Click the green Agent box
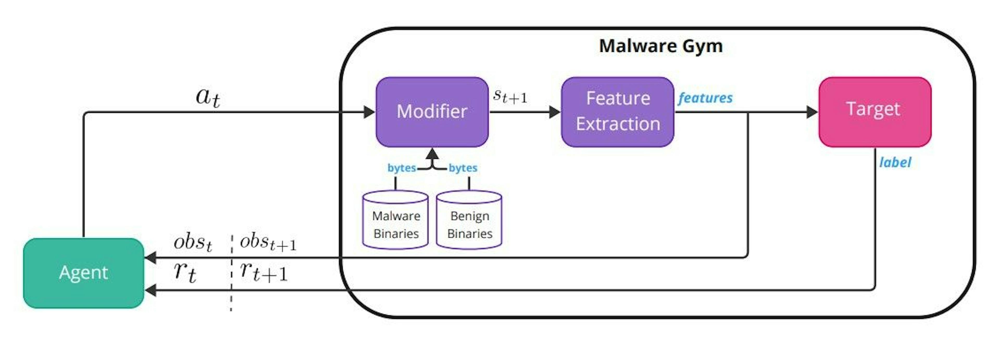(83, 273)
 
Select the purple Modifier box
(432, 112)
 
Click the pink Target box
(875, 112)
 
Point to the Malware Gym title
(660, 46)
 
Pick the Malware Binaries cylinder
(396, 220)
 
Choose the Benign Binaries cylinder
(469, 220)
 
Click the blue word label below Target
(895, 162)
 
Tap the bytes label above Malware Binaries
(401, 168)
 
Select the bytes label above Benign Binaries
(463, 168)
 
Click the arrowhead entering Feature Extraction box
(554, 112)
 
